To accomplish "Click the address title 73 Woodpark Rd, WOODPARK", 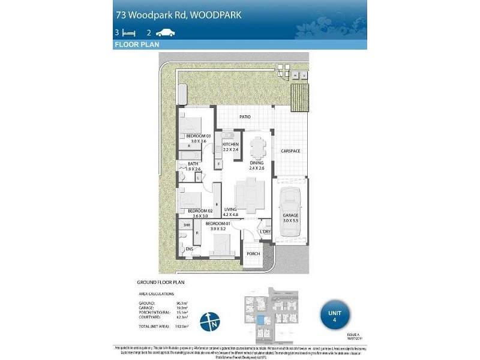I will [178, 15].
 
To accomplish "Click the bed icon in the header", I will [128, 32].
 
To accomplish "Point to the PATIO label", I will [244, 117].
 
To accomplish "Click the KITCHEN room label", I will [230, 145].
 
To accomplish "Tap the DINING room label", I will [257, 163].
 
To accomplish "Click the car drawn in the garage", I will [290, 198].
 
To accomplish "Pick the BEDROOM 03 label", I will [199, 136].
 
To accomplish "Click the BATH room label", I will [193, 164].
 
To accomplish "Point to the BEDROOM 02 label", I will [200, 211].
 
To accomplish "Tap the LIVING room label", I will [230, 209].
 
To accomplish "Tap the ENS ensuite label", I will [189, 248].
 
